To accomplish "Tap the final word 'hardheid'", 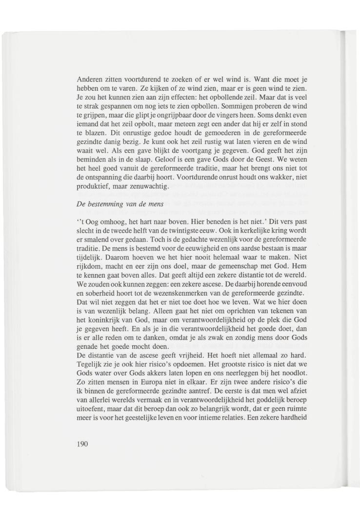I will pos(295,417).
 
